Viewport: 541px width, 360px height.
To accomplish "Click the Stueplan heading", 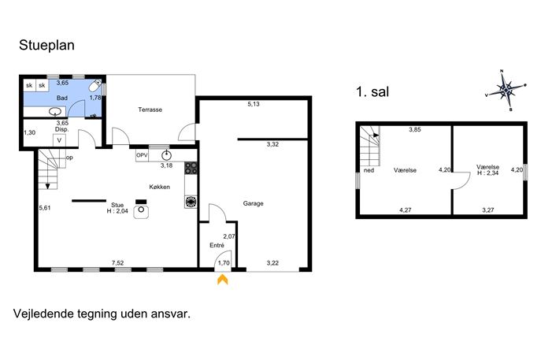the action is [46, 45].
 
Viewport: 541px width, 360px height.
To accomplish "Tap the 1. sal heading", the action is [372, 92].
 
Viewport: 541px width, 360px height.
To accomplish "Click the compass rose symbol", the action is [506, 91].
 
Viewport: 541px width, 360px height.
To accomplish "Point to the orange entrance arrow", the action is [223, 279].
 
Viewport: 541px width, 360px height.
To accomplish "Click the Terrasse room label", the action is [150, 109].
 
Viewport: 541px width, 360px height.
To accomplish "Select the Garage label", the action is [254, 204].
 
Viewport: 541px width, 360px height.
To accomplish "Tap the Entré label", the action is [217, 246].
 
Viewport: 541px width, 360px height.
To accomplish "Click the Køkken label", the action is [159, 187].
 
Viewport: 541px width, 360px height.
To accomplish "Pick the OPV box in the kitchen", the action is [142, 155].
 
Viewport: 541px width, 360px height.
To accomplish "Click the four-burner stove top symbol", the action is [191, 168].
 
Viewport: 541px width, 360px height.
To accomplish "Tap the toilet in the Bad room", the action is [94, 85].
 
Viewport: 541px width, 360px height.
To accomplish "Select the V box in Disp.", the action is [59, 140].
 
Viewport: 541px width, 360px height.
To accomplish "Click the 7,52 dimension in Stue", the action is [117, 263].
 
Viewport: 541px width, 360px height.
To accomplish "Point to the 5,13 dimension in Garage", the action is [254, 104].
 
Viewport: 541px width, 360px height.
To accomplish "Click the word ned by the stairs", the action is [369, 170].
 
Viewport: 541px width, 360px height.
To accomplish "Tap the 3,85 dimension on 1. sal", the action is [415, 130].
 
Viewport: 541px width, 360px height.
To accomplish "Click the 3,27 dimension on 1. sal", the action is [488, 210].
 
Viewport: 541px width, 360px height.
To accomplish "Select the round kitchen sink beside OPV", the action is [167, 156].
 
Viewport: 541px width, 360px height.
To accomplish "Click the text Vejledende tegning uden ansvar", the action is [102, 314].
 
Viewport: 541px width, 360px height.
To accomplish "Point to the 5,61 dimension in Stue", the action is [45, 208].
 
